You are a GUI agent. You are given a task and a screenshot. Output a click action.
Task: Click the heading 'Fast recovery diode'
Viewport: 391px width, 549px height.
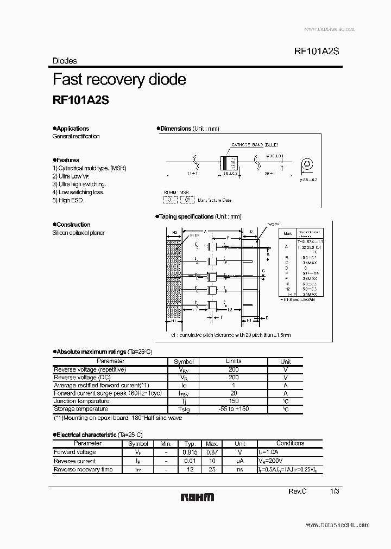click(x=119, y=80)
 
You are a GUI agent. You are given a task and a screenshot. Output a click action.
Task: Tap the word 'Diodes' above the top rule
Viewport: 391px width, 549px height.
click(x=65, y=61)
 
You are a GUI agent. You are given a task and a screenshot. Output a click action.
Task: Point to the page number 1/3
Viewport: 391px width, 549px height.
click(x=335, y=491)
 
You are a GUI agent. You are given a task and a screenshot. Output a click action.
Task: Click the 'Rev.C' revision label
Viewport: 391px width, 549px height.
click(x=298, y=491)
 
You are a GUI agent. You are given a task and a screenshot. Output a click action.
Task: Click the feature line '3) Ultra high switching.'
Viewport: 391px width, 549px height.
click(x=79, y=184)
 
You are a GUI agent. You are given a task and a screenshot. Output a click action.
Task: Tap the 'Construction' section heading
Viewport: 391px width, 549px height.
click(x=73, y=225)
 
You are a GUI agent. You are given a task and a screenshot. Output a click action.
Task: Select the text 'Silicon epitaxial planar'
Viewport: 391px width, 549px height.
click(x=79, y=233)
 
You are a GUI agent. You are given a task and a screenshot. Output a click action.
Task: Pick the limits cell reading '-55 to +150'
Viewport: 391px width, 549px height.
click(x=234, y=408)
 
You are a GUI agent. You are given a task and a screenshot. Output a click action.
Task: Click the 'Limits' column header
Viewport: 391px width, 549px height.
click(x=234, y=361)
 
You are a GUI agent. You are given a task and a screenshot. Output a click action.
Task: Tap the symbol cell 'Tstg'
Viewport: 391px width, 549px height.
click(x=184, y=409)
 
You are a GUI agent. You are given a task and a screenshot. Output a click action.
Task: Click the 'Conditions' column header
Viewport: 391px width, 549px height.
click(x=291, y=443)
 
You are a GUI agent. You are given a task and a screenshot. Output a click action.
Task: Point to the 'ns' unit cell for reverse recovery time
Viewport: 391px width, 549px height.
click(x=240, y=469)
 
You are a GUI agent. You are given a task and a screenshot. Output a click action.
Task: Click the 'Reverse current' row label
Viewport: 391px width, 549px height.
click(x=74, y=461)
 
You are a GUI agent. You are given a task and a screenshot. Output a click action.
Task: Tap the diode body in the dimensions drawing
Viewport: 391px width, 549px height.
click(x=227, y=163)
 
